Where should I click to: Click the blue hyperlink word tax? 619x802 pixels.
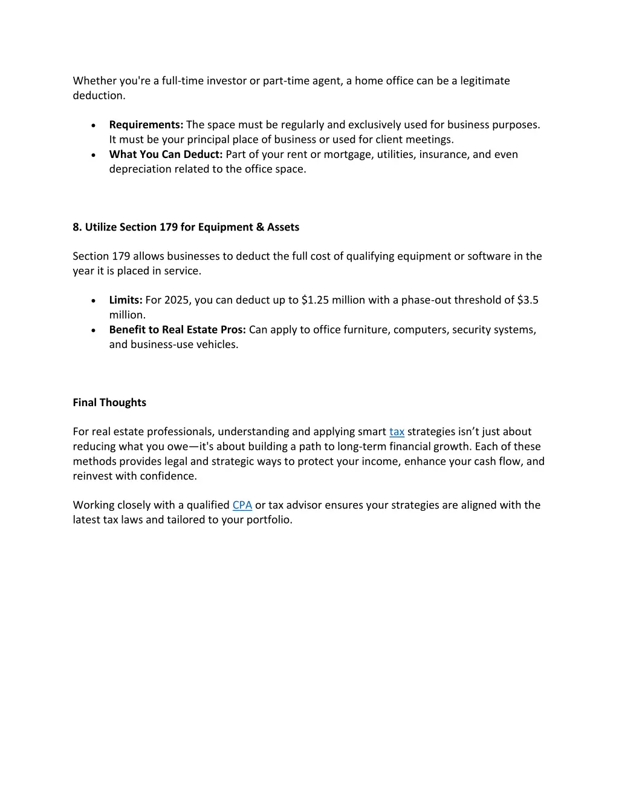(x=397, y=432)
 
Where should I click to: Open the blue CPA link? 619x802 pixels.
(x=242, y=505)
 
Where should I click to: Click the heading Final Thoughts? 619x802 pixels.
(x=109, y=403)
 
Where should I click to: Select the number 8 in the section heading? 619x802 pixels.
(x=76, y=227)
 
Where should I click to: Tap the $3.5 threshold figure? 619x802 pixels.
(x=528, y=300)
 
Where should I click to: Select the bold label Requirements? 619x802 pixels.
(x=146, y=125)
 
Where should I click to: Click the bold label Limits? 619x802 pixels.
(x=126, y=300)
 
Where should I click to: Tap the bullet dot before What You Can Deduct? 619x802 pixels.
(x=93, y=155)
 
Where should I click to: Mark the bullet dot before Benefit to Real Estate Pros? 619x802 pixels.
(x=93, y=330)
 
